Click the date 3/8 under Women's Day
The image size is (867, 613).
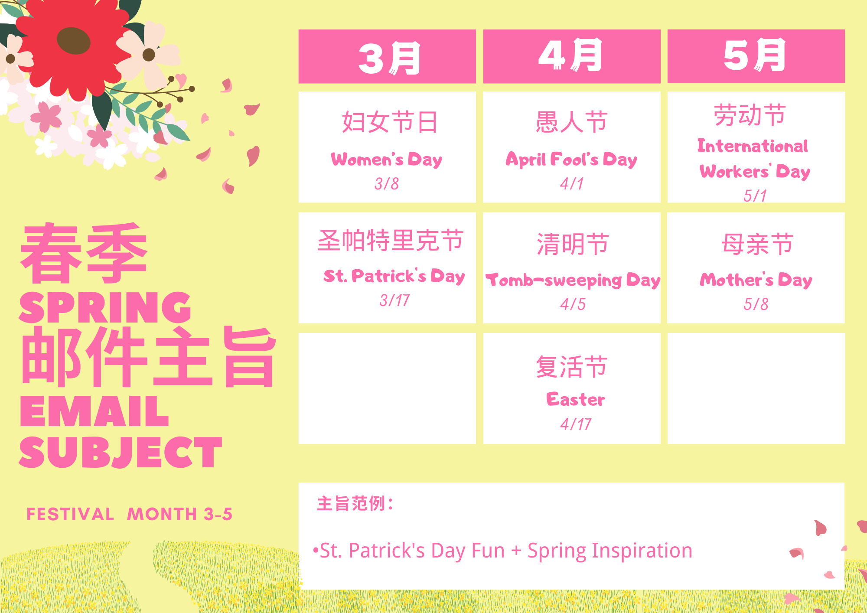click(387, 184)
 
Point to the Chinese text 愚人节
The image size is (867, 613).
click(572, 122)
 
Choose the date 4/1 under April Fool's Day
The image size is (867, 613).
click(572, 184)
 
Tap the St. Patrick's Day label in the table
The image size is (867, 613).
click(394, 276)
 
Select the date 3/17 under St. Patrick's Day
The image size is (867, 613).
click(394, 300)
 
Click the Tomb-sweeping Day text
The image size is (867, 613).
click(573, 280)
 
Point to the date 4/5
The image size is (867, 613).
click(573, 304)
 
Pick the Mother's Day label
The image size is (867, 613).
click(756, 280)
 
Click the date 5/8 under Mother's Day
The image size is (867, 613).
click(756, 304)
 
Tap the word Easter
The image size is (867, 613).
click(576, 399)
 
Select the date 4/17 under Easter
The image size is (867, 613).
click(576, 424)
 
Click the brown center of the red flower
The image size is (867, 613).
click(73, 41)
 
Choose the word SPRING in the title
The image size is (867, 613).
click(105, 307)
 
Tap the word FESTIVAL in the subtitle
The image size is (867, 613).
click(70, 514)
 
